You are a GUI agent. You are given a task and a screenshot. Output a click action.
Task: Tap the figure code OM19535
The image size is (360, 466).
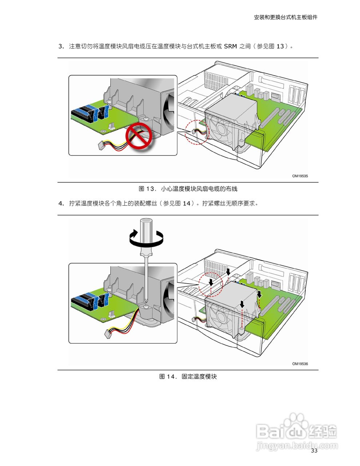pyautogui.click(x=300, y=176)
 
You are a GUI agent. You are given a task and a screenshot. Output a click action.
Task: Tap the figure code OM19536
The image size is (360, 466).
pyautogui.click(x=300, y=364)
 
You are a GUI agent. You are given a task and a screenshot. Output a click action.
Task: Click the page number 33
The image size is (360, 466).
pyautogui.click(x=314, y=451)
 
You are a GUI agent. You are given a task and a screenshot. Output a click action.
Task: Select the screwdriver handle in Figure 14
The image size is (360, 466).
pyautogui.click(x=146, y=234)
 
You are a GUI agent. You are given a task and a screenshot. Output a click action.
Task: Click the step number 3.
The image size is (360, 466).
pyautogui.click(x=61, y=46)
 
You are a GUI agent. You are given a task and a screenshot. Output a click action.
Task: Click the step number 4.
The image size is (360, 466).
pyautogui.click(x=61, y=204)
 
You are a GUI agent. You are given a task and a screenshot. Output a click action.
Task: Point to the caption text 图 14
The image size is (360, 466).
pyautogui.click(x=167, y=376)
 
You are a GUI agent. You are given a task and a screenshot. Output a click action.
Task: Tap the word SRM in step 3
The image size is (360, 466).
pyautogui.click(x=230, y=46)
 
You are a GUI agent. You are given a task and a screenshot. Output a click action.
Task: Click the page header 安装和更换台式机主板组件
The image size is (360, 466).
pyautogui.click(x=285, y=17)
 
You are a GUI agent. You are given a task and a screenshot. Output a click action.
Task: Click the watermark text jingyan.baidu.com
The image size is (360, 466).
pyautogui.click(x=297, y=445)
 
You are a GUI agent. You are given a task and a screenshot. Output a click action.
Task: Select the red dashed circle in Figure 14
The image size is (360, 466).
pyautogui.click(x=211, y=284)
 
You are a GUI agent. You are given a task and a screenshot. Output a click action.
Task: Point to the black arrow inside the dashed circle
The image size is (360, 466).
pyautogui.click(x=211, y=283)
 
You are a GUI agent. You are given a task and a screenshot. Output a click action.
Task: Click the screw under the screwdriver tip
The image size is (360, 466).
pyautogui.click(x=146, y=307)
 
